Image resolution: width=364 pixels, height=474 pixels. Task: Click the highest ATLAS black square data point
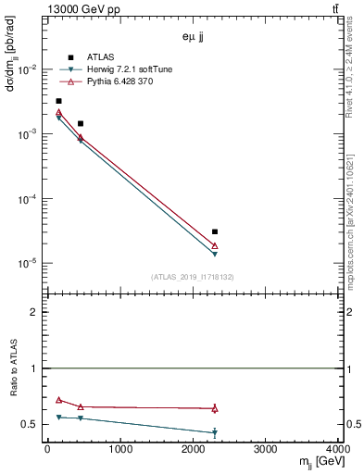coord(58,101)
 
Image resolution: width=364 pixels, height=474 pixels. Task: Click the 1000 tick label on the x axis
coord(119,451)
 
